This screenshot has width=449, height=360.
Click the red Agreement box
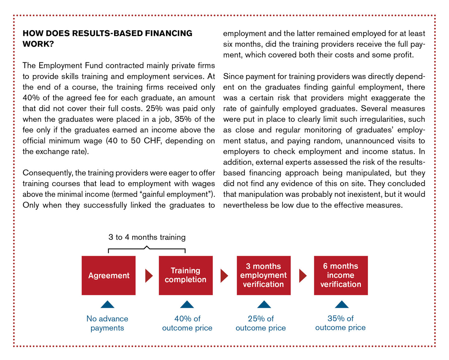tap(109, 275)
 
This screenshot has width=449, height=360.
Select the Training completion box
tap(186, 275)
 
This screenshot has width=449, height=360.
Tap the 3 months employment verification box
tap(263, 275)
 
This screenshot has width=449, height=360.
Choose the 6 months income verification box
tap(341, 275)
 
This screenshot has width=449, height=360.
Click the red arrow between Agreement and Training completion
tap(149, 276)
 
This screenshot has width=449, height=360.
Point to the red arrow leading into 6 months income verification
tap(302, 276)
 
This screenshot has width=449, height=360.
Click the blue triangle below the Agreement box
tap(108, 304)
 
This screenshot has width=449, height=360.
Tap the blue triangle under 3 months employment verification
tap(264, 304)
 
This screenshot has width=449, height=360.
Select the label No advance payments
tap(107, 323)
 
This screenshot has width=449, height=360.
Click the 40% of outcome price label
tap(187, 323)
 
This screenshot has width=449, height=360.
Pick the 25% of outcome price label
tap(261, 323)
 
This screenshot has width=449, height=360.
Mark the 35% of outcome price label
tap(340, 323)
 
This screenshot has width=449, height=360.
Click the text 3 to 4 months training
tap(147, 237)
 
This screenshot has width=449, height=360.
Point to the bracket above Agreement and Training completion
tap(147, 249)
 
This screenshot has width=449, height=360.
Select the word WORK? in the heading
tap(38, 44)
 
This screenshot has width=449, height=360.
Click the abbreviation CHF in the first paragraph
tap(152, 141)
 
